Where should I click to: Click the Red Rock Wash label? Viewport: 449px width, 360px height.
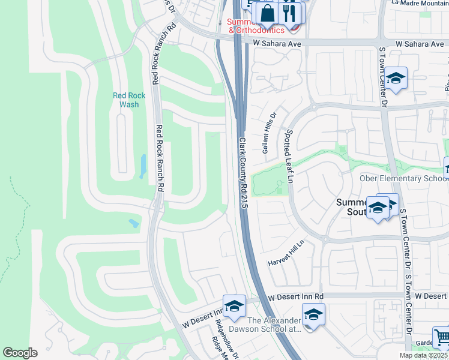[128, 100]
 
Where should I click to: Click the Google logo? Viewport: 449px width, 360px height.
[20, 353]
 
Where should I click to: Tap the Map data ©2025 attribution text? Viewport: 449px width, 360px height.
[423, 355]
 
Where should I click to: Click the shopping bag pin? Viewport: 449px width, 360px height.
[266, 13]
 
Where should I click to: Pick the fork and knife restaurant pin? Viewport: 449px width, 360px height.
[291, 13]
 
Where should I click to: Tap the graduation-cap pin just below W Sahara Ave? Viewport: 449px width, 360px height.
[396, 78]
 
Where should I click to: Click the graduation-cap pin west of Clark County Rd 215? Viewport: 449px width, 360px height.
[234, 306]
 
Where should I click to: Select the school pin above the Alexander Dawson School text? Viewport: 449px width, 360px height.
[313, 314]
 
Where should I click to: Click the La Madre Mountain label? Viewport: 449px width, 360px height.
[420, 3]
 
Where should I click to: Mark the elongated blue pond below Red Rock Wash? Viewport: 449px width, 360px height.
[143, 166]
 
